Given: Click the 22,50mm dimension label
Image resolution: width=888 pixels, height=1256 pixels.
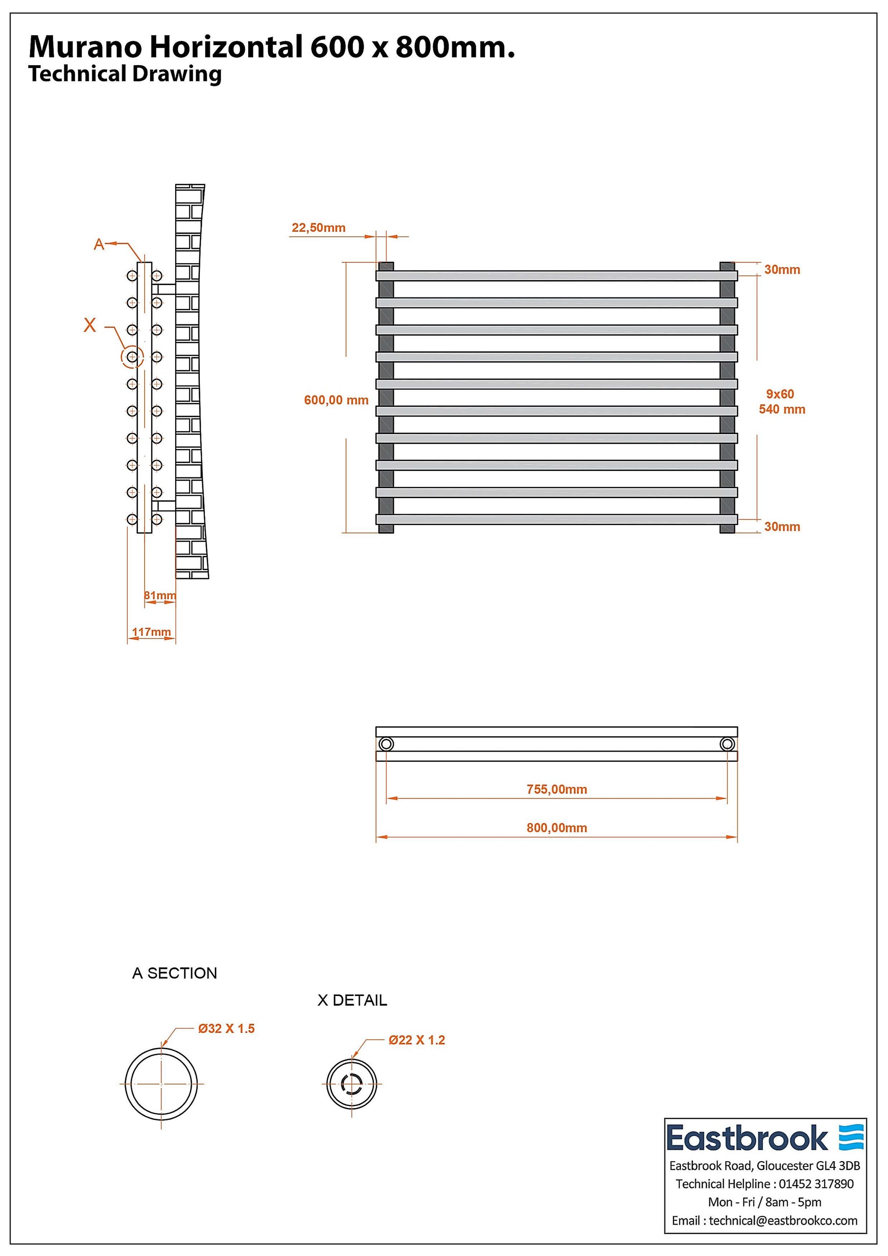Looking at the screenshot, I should tap(319, 228).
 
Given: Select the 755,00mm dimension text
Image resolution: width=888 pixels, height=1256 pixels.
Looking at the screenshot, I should tap(556, 789).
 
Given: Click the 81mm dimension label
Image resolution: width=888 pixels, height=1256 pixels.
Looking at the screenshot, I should tap(160, 595).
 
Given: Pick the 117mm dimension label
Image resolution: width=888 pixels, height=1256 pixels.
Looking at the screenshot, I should tap(151, 632).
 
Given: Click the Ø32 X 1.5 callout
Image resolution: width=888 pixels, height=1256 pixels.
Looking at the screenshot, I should tap(226, 1028).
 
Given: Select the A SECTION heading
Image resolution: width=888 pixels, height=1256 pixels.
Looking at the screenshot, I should tap(174, 973).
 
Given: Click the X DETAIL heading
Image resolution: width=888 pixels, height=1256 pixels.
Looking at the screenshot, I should tap(352, 1000).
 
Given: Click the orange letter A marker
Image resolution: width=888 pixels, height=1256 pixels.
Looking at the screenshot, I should tap(99, 244).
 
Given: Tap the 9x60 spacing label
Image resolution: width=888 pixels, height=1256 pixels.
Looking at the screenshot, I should tap(780, 394).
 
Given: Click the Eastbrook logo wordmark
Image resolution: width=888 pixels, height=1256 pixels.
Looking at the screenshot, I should tap(747, 1138).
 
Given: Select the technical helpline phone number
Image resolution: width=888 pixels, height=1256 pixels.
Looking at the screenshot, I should tap(816, 1184).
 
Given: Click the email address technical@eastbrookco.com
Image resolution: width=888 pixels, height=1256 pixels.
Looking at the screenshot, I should tap(783, 1220).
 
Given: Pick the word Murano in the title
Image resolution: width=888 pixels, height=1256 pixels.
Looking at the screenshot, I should tap(86, 47).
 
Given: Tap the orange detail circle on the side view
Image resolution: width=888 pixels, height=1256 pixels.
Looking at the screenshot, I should tap(132, 357).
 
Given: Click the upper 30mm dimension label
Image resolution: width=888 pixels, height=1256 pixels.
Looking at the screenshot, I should tap(782, 269).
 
